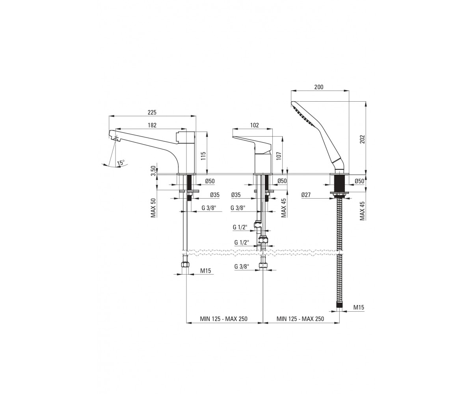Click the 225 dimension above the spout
(152, 112)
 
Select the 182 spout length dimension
(152, 125)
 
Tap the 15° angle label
(121, 163)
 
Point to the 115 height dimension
(203, 156)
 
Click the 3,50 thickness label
(153, 171)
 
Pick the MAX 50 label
(153, 208)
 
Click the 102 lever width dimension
(254, 125)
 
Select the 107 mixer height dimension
(279, 156)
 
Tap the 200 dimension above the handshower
(319, 87)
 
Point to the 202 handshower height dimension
(363, 139)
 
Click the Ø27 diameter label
(306, 195)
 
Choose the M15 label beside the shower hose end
(359, 307)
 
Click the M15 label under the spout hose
(205, 271)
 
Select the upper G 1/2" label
(240, 227)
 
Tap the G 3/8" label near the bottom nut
(242, 266)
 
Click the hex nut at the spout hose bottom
(186, 264)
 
